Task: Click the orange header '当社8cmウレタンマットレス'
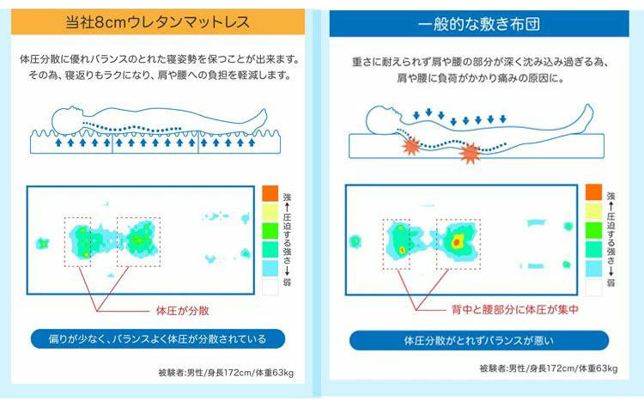[x=158, y=21]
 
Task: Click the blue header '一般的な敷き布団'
[x=479, y=24]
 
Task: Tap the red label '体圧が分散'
[x=182, y=311]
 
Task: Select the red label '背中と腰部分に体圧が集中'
[x=514, y=309]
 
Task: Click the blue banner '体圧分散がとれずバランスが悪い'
[x=479, y=341]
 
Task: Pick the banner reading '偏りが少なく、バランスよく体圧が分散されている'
[x=158, y=339]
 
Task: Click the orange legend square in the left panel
[x=270, y=193]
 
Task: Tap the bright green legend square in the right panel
[x=593, y=230]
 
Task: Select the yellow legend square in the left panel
[x=270, y=212]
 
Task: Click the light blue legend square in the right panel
[x=593, y=268]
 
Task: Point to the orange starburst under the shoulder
[x=411, y=146]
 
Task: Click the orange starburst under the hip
[x=470, y=153]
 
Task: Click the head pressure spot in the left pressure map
[x=42, y=244]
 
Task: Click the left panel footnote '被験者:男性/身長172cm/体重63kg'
[x=226, y=373]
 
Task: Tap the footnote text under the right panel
[x=549, y=368]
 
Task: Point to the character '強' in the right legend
[x=611, y=196]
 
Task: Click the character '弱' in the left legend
[x=287, y=282]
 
